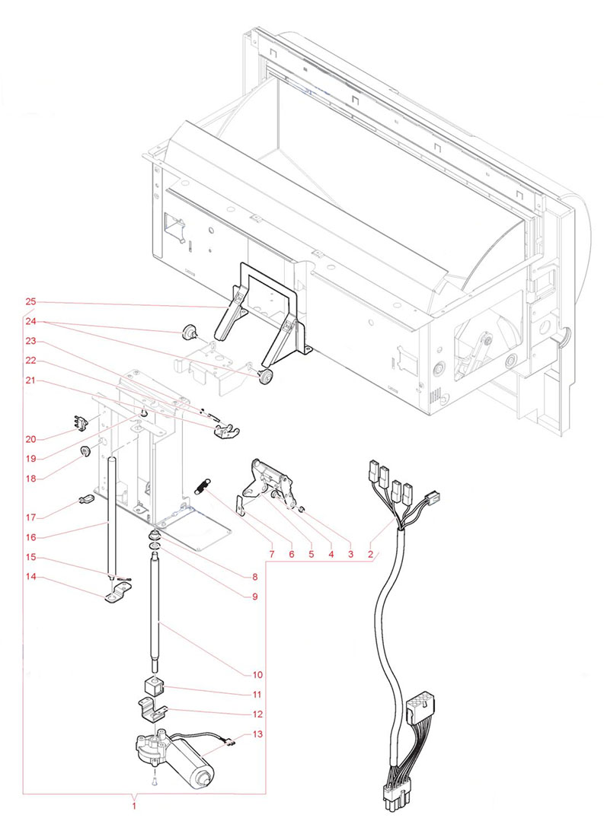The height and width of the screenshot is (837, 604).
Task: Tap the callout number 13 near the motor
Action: [x=257, y=734]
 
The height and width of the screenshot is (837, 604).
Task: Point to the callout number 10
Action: [x=257, y=674]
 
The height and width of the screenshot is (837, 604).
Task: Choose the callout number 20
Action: [x=30, y=439]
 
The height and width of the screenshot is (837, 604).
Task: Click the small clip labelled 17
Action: [x=85, y=500]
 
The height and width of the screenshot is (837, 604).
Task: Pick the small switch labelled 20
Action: [x=80, y=422]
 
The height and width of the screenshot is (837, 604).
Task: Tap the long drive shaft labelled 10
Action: [x=156, y=609]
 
